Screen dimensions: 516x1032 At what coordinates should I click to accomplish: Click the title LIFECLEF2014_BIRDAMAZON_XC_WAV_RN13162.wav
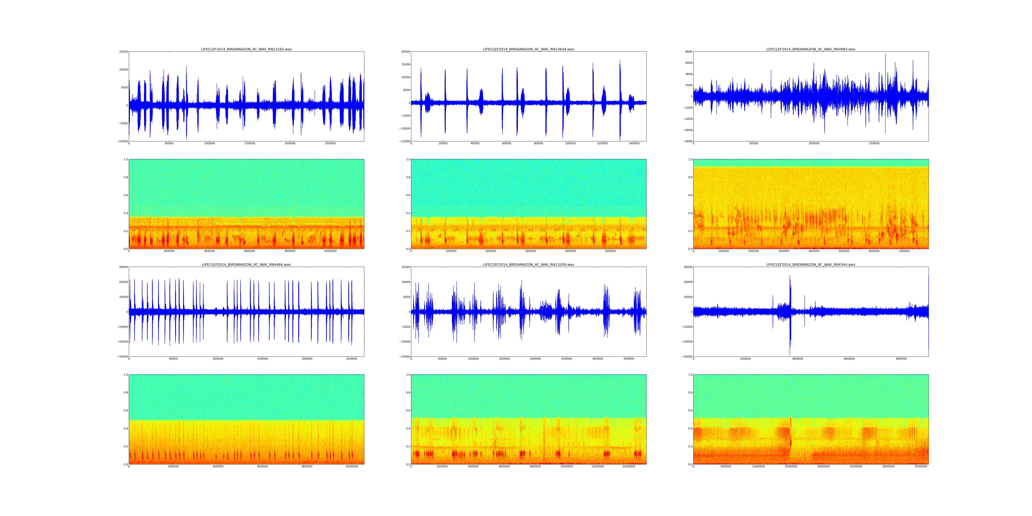(x=246, y=49)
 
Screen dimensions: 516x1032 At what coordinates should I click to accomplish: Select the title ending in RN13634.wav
(x=528, y=49)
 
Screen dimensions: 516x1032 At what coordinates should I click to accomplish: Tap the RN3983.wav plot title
(x=811, y=49)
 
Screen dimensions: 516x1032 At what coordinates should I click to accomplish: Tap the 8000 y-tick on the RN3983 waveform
(x=689, y=52)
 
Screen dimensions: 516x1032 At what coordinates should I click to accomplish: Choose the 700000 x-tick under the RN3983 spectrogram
(x=904, y=251)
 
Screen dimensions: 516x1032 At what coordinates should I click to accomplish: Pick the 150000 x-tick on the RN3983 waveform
(x=874, y=143)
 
